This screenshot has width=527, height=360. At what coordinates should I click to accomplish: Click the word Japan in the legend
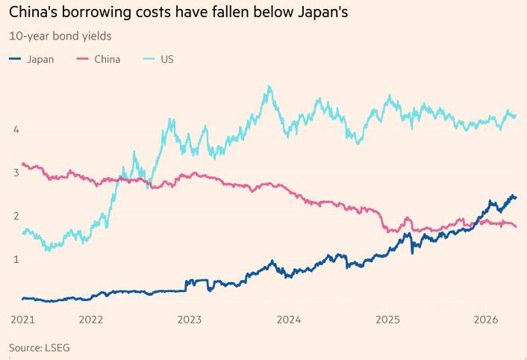40,59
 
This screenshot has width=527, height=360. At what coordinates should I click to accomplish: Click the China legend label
107,59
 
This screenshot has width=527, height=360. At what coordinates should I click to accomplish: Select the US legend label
167,59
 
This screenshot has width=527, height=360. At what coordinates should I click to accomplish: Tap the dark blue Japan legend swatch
15,59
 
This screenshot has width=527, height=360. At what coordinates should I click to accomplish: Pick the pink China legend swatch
83,59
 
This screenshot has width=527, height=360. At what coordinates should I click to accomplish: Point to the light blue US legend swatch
148,59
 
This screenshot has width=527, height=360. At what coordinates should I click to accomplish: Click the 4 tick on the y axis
15,129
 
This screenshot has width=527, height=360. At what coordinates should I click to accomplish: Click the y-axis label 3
15,173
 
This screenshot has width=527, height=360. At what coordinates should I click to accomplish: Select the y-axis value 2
15,216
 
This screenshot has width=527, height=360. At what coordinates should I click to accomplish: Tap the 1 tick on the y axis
15,259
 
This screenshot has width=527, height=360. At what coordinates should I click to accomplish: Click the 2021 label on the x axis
22,320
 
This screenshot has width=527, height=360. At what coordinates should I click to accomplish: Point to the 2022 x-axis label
90,320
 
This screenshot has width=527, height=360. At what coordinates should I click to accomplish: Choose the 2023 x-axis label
190,320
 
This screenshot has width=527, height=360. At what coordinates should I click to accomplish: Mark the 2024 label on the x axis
288,320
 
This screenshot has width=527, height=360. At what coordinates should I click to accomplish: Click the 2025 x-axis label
387,320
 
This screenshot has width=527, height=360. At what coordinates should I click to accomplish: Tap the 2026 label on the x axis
487,320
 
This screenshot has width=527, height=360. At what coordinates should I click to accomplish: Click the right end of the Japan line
516,197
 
